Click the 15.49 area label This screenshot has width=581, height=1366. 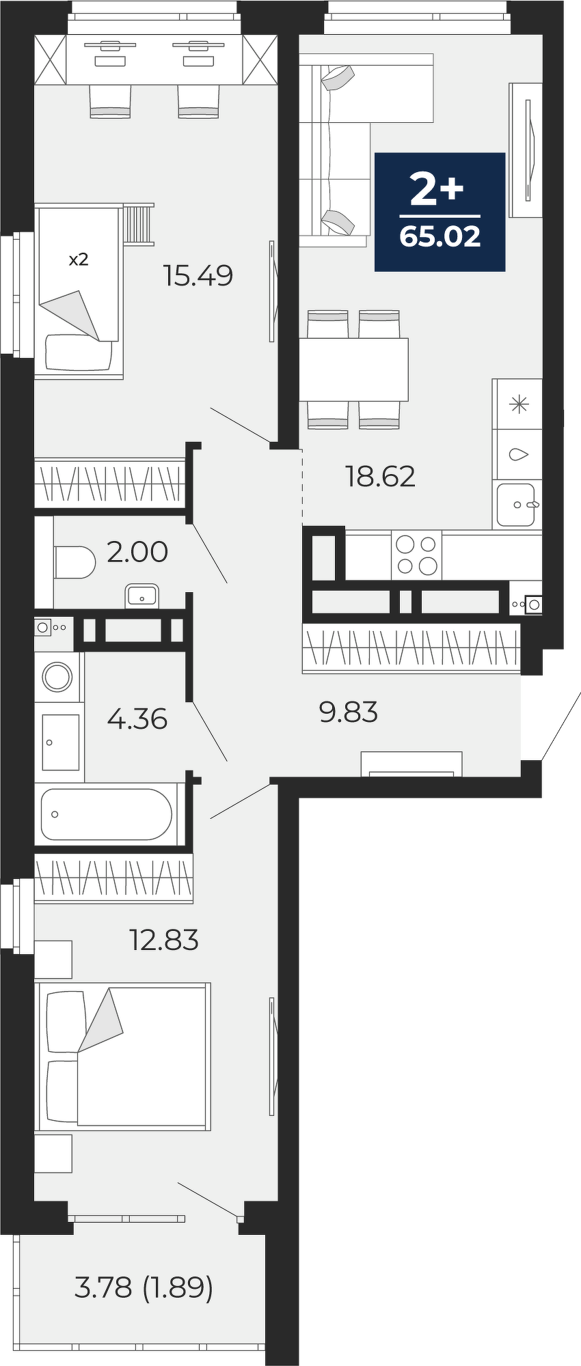pyautogui.click(x=198, y=276)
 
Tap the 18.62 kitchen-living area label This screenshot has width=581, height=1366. pyautogui.click(x=381, y=477)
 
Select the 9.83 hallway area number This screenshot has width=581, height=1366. pyautogui.click(x=349, y=712)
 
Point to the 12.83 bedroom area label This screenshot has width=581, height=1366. pyautogui.click(x=164, y=940)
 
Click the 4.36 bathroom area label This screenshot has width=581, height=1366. pyautogui.click(x=137, y=719)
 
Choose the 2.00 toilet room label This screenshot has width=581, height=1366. pyautogui.click(x=137, y=552)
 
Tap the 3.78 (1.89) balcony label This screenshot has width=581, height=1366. pyautogui.click(x=144, y=1288)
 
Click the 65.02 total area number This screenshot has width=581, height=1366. pyautogui.click(x=440, y=237)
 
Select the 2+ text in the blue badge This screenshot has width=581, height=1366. pyautogui.click(x=437, y=189)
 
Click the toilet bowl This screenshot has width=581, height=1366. pyautogui.click(x=74, y=562)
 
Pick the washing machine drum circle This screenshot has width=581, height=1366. pyautogui.click(x=57, y=677)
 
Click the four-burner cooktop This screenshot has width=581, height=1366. pyautogui.click(x=416, y=555)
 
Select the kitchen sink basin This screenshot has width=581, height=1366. pyautogui.click(x=516, y=505)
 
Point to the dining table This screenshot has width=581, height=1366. pyautogui.click(x=353, y=370)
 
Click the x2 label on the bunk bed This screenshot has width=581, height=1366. pyautogui.click(x=79, y=260)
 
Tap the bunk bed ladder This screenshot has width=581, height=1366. pyautogui.click(x=139, y=223)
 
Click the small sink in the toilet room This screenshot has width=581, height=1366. pyautogui.click(x=142, y=596)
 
